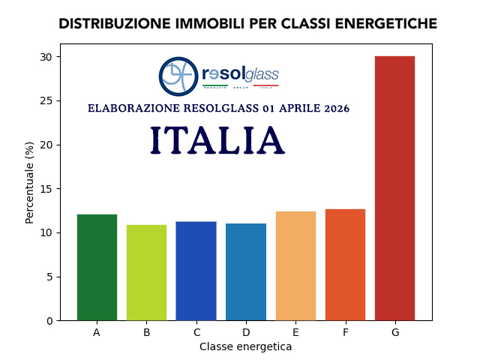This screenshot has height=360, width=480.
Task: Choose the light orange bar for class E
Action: [x=295, y=265]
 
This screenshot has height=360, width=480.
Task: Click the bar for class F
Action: [x=345, y=264]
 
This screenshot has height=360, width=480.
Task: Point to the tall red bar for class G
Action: [x=394, y=187]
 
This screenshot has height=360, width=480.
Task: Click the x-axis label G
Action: [x=394, y=332]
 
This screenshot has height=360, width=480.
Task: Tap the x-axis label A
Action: [x=97, y=332]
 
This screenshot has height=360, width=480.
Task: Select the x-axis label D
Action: [x=246, y=332]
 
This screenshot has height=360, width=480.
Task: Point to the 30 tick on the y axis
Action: [x=46, y=57]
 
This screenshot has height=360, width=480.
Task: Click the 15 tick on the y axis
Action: [x=46, y=189]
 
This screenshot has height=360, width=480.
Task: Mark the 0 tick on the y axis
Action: [x=49, y=321]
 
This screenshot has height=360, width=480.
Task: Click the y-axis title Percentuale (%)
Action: [x=30, y=182]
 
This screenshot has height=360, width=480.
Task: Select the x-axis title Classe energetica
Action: [x=245, y=347]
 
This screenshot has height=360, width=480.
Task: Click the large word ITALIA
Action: [x=217, y=141]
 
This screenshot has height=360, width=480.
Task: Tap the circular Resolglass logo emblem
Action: [x=178, y=76]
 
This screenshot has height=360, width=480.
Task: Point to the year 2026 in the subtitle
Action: [x=337, y=109]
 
